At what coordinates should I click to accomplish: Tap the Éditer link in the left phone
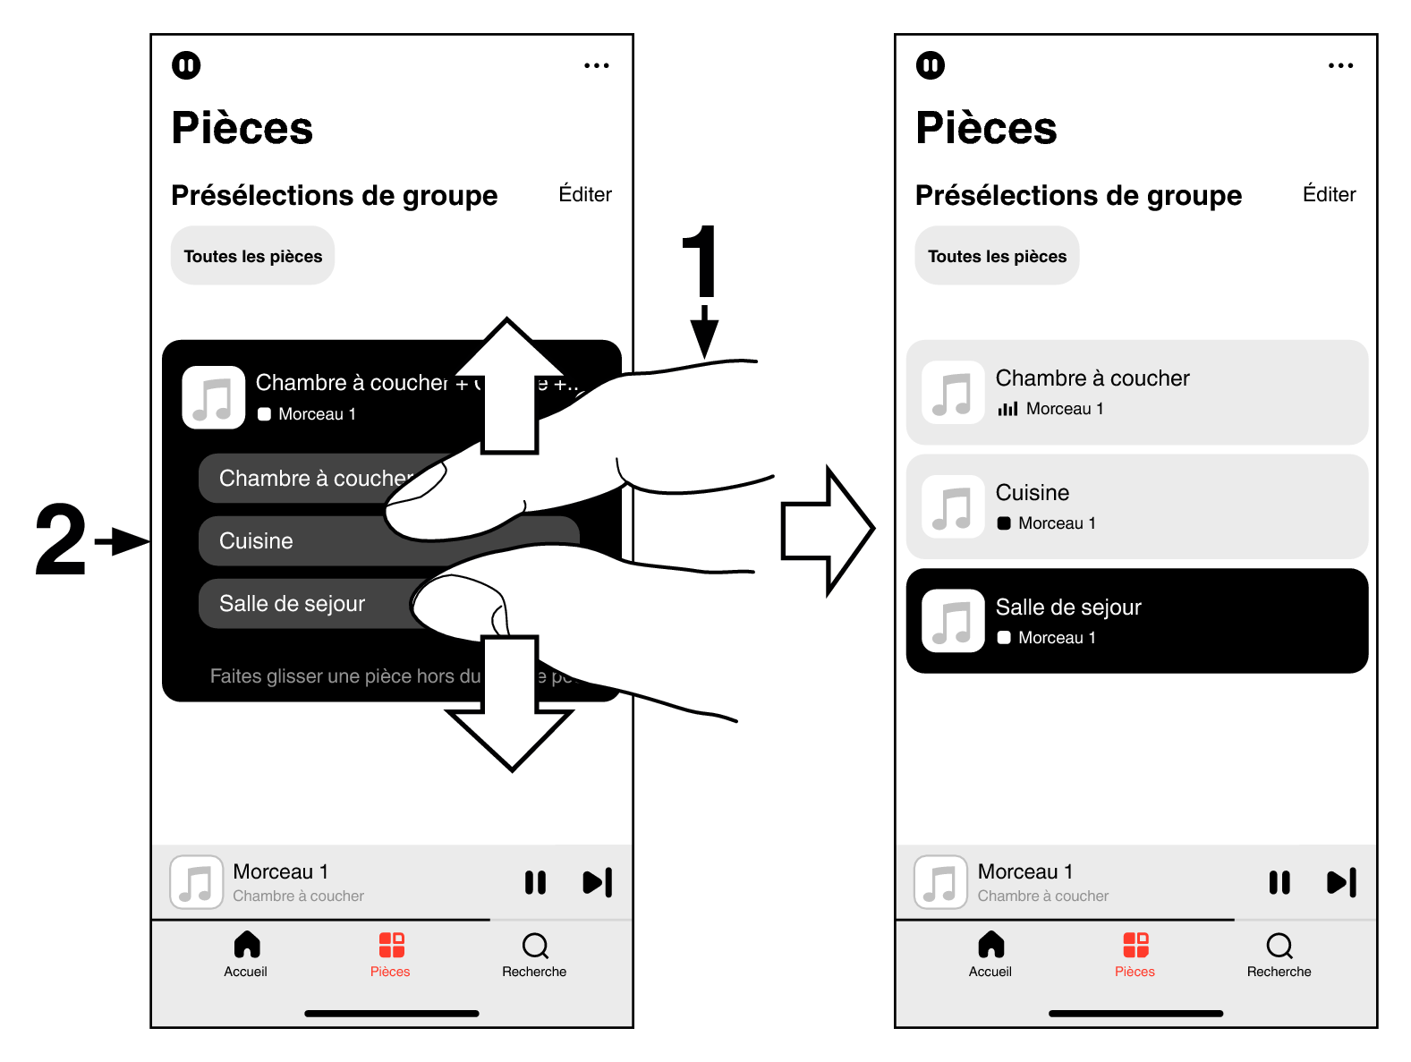pos(585,194)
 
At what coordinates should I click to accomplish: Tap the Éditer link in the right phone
pos(1329,194)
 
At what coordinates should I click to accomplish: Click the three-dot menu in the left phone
pos(596,65)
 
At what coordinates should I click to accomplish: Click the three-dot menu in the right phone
pos(1340,65)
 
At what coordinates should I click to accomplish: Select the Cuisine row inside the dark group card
pos(286,541)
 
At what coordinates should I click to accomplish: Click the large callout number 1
pos(701,260)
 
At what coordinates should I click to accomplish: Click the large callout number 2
pos(61,539)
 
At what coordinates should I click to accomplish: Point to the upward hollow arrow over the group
pos(509,385)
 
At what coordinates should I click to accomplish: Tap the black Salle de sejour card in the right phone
pos(1136,621)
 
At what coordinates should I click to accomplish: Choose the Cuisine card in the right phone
pos(1136,506)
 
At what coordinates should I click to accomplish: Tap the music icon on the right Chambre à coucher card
pos(953,393)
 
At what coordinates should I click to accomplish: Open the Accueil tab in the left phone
pos(246,954)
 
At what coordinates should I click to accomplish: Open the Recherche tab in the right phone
pos(1279,954)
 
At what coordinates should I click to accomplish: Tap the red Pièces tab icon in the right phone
pos(1135,946)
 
